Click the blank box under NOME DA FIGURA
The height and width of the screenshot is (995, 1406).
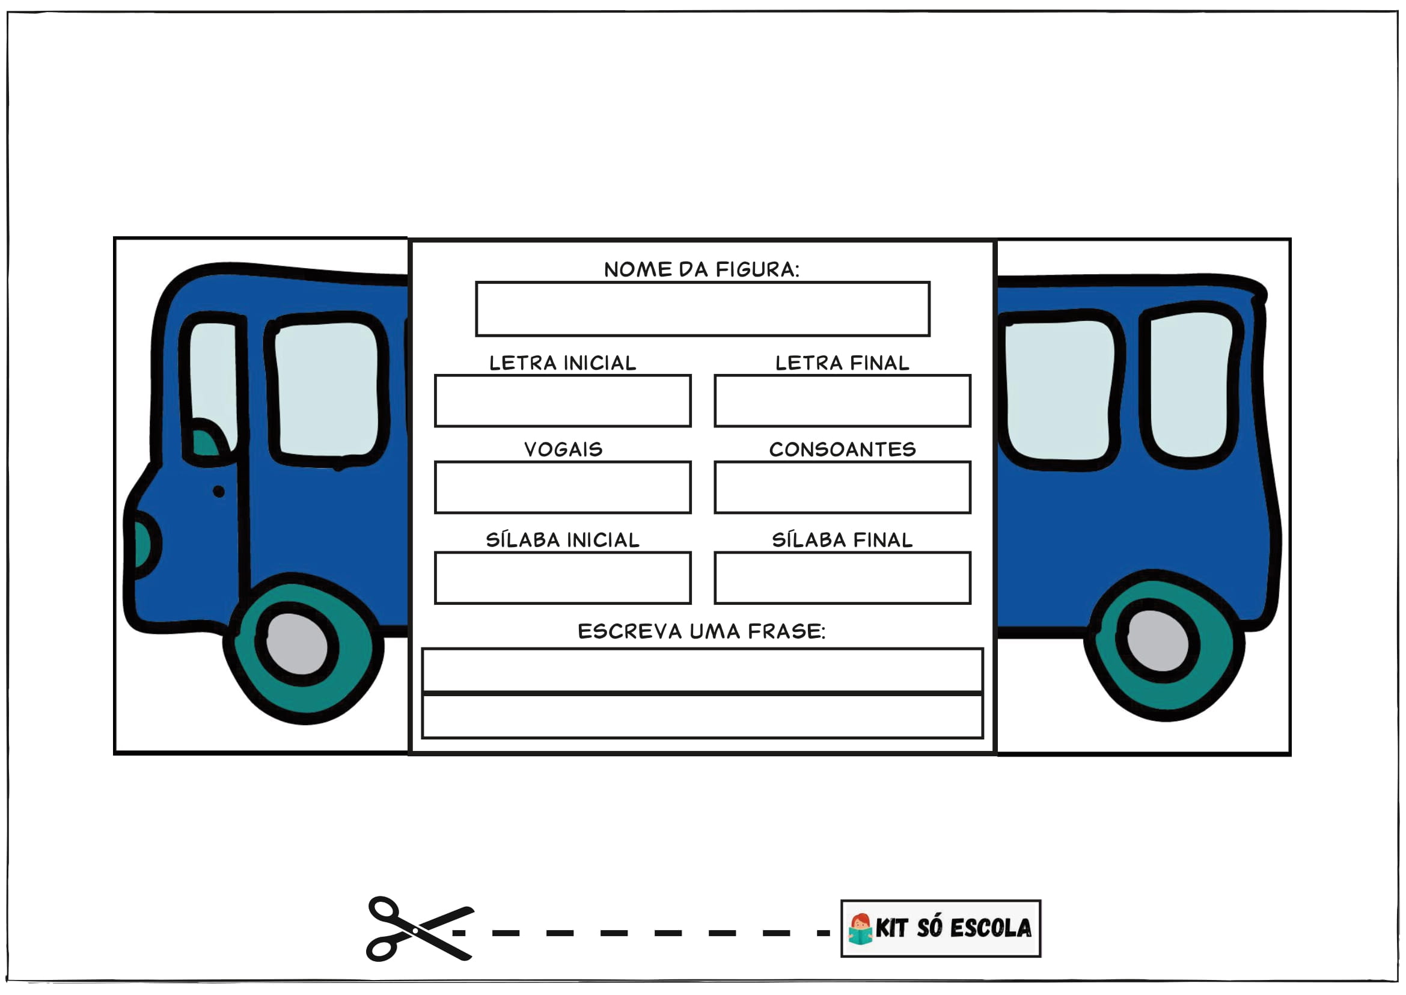point(702,309)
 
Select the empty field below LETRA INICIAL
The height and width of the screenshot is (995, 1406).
point(563,400)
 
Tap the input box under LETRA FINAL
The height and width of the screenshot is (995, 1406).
point(842,400)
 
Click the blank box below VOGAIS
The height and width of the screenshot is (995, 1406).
point(563,487)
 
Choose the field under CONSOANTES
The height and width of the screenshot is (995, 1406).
point(842,487)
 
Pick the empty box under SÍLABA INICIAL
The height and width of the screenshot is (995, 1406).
point(563,578)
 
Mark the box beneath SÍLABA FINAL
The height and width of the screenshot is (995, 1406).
point(842,578)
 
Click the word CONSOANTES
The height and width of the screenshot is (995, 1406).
point(842,449)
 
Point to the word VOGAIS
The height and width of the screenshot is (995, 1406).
point(563,449)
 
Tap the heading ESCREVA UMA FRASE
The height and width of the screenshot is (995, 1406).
point(701,631)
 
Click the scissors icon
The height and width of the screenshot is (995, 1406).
point(418,929)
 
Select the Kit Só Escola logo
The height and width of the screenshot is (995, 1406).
point(940,928)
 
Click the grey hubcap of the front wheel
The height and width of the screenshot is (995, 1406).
point(297,644)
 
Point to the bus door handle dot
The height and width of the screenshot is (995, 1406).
point(219,491)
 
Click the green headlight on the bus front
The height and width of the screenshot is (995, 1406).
point(141,543)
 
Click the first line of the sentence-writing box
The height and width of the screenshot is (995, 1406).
point(702,670)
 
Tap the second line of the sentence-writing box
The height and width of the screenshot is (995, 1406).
point(702,715)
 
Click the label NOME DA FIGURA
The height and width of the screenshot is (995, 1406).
point(701,269)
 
